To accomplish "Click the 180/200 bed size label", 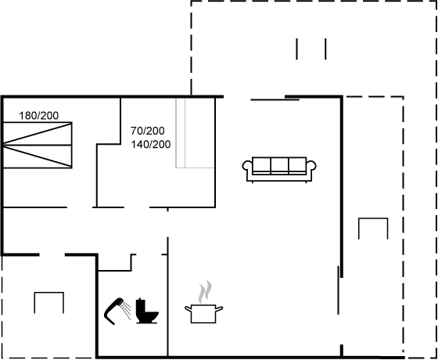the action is click(39, 116).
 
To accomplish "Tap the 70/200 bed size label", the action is click(148, 131).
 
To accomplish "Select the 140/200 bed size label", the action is click(151, 144).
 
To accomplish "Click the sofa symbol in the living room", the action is click(279, 169).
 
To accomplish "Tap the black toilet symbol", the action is click(147, 311).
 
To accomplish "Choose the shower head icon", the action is click(114, 311).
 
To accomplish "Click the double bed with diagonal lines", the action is click(38, 145).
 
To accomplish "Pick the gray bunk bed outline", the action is click(196, 133).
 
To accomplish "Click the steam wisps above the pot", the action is click(205, 291).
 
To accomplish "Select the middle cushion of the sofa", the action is click(279, 165).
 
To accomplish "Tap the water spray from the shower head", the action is click(127, 310).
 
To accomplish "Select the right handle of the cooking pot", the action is click(219, 309).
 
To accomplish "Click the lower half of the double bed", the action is click(38, 157).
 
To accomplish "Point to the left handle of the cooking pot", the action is click(188, 309).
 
